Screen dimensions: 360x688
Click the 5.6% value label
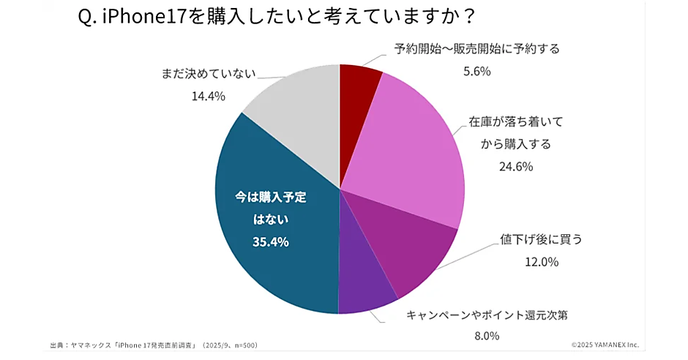click(x=476, y=71)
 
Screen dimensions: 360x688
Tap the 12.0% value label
click(x=541, y=261)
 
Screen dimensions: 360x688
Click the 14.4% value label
click(x=209, y=96)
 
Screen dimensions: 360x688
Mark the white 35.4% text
click(x=271, y=241)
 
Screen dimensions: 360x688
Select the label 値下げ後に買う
click(x=541, y=239)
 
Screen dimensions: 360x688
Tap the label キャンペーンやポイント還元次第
click(x=487, y=315)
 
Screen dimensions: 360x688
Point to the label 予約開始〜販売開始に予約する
click(x=476, y=49)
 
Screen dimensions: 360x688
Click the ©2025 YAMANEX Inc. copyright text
click(x=605, y=345)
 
